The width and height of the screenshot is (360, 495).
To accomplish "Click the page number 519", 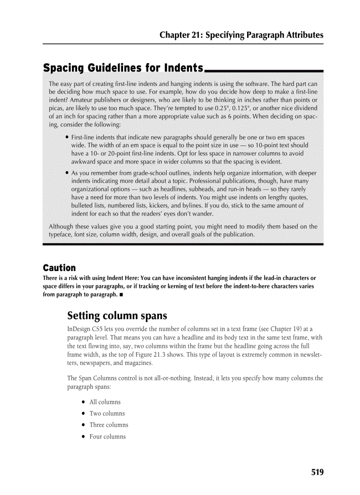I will [x=317, y=472].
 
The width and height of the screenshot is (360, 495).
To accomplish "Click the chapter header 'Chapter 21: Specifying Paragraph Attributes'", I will [x=241, y=35].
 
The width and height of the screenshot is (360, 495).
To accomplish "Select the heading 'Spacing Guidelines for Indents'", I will [x=123, y=68].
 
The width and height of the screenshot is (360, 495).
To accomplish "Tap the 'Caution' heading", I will [x=59, y=268].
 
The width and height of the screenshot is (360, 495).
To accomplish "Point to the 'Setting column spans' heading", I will [x=117, y=316].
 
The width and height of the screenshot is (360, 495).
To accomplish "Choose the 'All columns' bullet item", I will [x=105, y=402].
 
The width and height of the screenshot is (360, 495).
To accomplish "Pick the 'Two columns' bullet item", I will [x=107, y=413].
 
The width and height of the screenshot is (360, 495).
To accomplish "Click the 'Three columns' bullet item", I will [x=109, y=425].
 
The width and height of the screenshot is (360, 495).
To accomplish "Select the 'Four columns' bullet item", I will [x=107, y=437].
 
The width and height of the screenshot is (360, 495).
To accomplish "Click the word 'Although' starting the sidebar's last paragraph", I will [x=62, y=227].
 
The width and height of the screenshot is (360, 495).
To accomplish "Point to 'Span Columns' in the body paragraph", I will [x=97, y=378].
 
